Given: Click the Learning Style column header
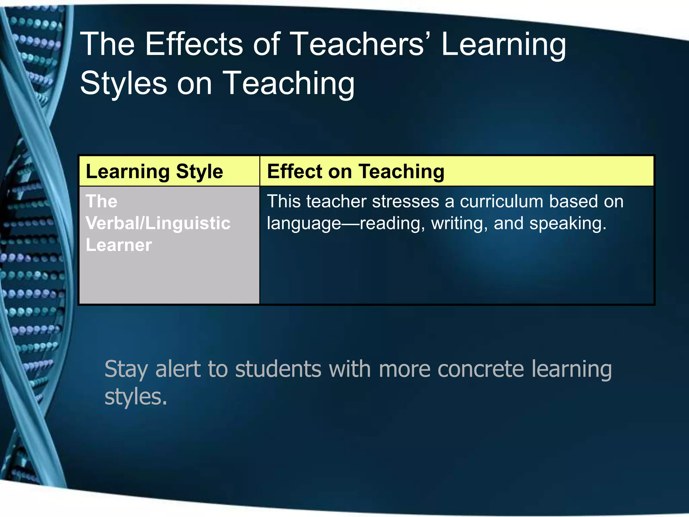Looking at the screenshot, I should [x=154, y=171].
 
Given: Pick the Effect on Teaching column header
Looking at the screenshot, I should [x=356, y=171].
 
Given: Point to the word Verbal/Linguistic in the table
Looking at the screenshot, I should [x=158, y=223].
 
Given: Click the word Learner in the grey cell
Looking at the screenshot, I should [x=119, y=245].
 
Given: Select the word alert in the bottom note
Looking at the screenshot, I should [x=178, y=369].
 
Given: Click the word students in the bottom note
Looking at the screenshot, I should [x=278, y=369].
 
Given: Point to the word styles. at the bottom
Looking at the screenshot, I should [x=136, y=398].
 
